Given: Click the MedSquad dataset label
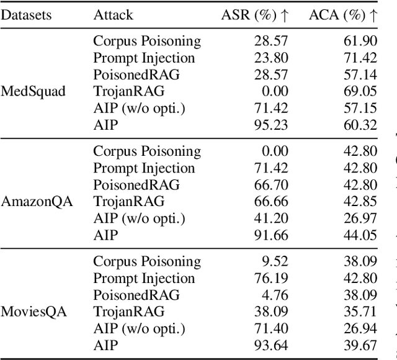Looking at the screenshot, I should pyautogui.click(x=33, y=91).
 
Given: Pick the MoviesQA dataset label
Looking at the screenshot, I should pyautogui.click(x=34, y=311).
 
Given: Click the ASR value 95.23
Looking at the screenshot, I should pyautogui.click(x=272, y=125).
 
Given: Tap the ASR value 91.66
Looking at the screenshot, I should pyautogui.click(x=272, y=235).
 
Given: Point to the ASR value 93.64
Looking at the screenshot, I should pyautogui.click(x=272, y=344).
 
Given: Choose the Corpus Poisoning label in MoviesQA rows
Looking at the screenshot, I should pyautogui.click(x=147, y=261).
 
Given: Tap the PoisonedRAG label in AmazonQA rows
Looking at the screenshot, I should pyautogui.click(x=136, y=184).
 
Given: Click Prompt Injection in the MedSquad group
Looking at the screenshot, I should pyautogui.click(x=144, y=58).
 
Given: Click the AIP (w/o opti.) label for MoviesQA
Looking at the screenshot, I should pyautogui.click(x=140, y=328).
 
